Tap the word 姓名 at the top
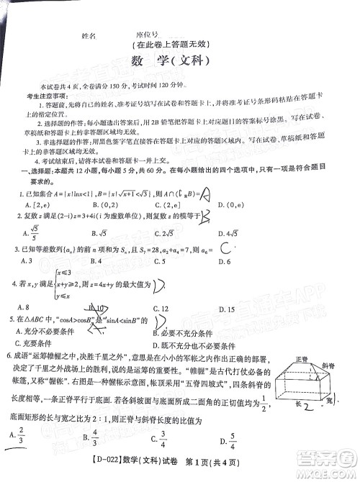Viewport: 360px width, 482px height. pyautogui.click(x=90, y=35)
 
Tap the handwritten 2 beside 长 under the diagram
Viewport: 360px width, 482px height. pyautogui.click(x=305, y=408)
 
